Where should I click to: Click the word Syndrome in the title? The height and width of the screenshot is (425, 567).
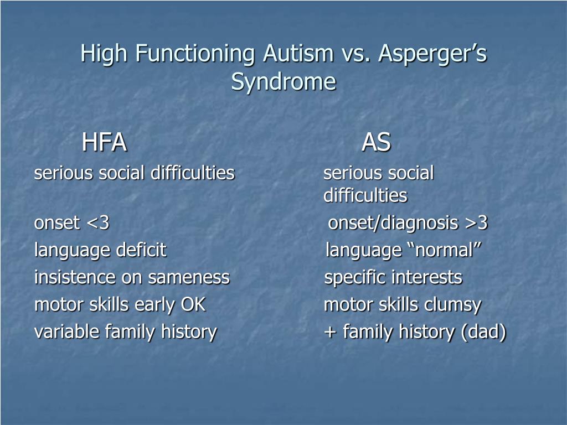(284, 82)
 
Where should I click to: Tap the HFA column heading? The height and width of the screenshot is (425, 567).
(104, 142)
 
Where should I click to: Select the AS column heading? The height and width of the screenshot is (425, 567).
(376, 142)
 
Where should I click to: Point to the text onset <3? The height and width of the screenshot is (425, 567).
(71, 222)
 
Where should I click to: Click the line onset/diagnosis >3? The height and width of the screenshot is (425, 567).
(408, 223)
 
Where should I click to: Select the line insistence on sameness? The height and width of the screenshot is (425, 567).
(132, 277)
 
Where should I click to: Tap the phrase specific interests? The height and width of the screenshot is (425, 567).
(393, 278)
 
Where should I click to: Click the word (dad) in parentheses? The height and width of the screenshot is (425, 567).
(483, 332)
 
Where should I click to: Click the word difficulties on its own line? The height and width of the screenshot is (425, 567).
(365, 195)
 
